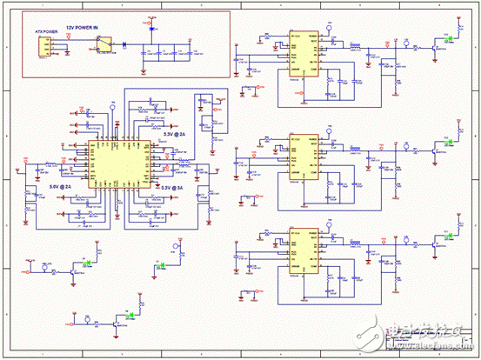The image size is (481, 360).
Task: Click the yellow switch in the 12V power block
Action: tap(104, 42)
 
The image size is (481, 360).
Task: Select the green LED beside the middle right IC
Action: tap(447, 139)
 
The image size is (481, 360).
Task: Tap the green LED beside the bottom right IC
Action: tap(447, 237)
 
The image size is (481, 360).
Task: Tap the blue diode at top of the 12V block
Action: tap(153, 29)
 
